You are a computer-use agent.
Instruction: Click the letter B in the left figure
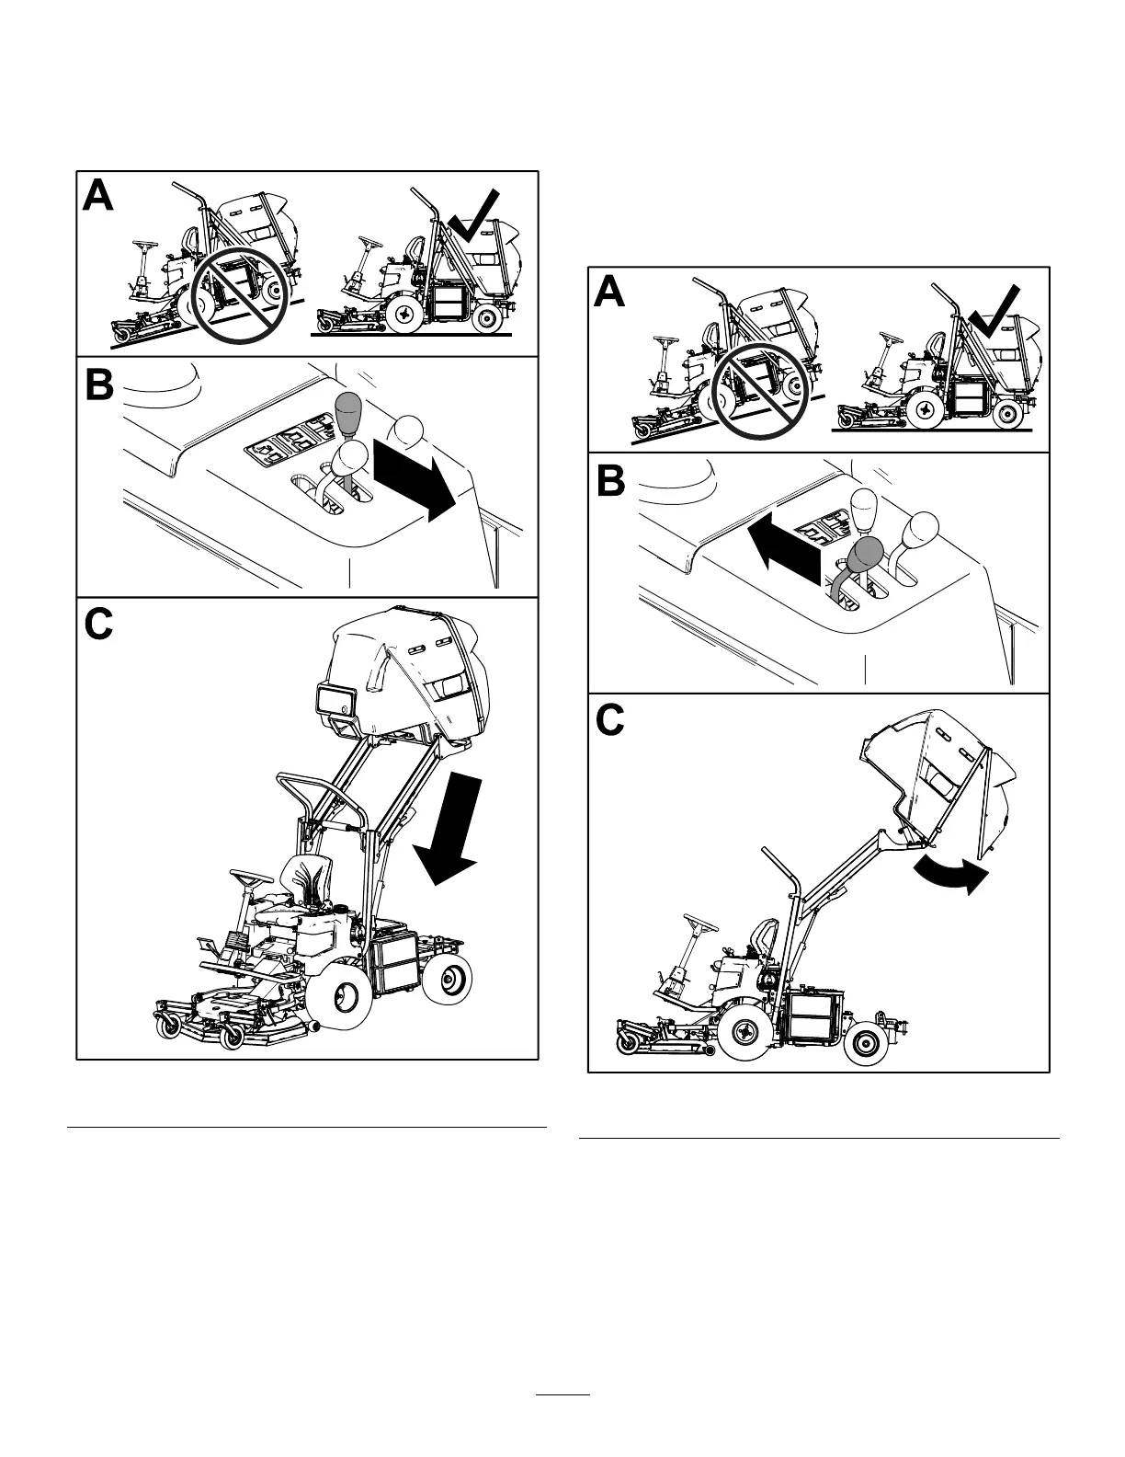(x=98, y=385)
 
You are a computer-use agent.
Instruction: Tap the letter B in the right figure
(x=610, y=482)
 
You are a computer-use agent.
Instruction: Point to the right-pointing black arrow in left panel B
(x=415, y=479)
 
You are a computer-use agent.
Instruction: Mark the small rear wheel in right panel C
(x=868, y=1040)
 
